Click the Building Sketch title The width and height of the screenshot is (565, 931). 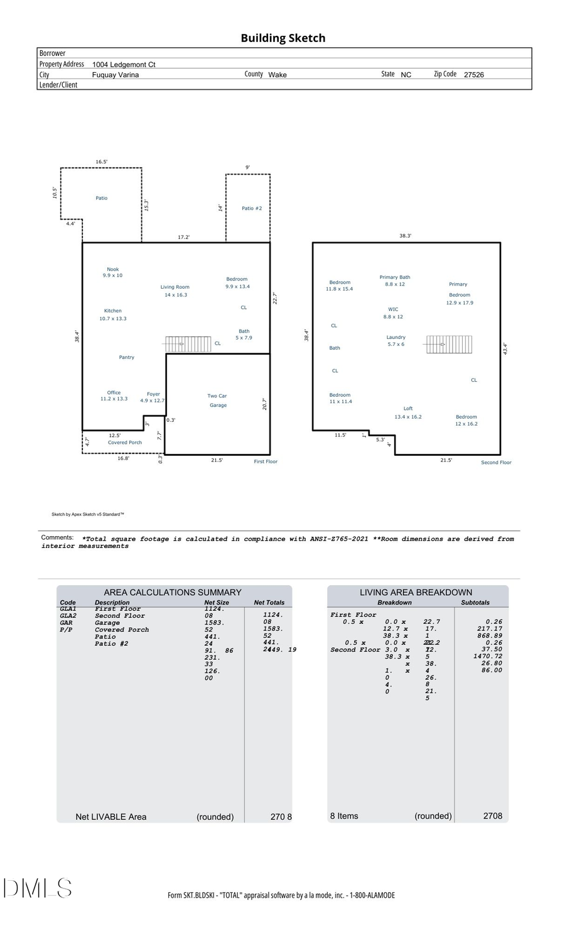[x=282, y=38]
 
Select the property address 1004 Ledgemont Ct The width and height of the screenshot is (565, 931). [x=124, y=65]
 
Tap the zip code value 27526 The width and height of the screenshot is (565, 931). [x=473, y=75]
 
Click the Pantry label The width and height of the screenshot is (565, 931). [x=127, y=357]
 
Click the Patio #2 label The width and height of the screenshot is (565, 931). [x=252, y=208]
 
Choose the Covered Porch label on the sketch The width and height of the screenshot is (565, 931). [x=125, y=443]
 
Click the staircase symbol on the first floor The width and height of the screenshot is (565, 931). [x=180, y=344]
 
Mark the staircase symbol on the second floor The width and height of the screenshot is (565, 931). [x=448, y=344]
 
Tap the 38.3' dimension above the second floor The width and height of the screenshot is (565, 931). [x=406, y=236]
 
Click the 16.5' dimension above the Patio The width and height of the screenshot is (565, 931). [x=101, y=162]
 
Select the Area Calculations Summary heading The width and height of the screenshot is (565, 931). [x=172, y=592]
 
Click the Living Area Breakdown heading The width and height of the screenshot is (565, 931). [x=416, y=592]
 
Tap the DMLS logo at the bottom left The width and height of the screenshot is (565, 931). [x=38, y=888]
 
